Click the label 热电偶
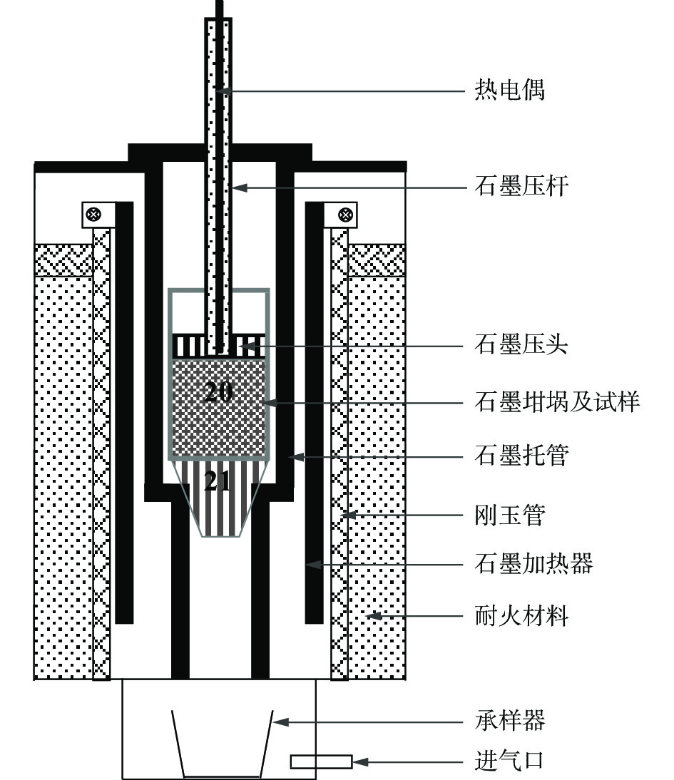click(x=509, y=91)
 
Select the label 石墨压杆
click(x=521, y=188)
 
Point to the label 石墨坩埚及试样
click(x=557, y=402)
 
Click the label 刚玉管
click(x=509, y=515)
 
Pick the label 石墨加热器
click(x=533, y=565)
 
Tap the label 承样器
click(x=509, y=722)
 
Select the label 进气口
click(x=509, y=761)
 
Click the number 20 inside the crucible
click(x=218, y=393)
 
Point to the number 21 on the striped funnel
click(x=218, y=482)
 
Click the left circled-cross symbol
click(x=93, y=213)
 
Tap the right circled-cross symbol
click(x=345, y=213)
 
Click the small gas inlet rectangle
click(x=321, y=762)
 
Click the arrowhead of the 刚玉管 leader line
click(x=346, y=515)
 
